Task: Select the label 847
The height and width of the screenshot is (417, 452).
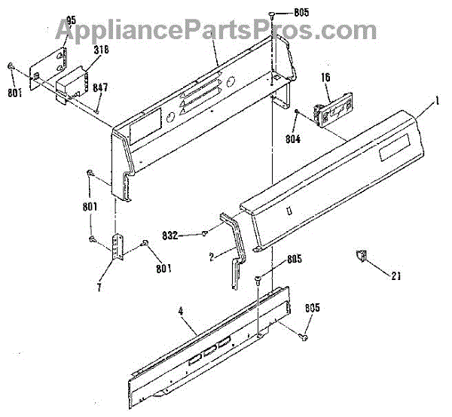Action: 100,87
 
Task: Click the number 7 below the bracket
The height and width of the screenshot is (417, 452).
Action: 100,287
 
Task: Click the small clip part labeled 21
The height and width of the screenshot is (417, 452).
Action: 360,256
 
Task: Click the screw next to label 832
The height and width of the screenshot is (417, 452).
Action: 203,234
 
